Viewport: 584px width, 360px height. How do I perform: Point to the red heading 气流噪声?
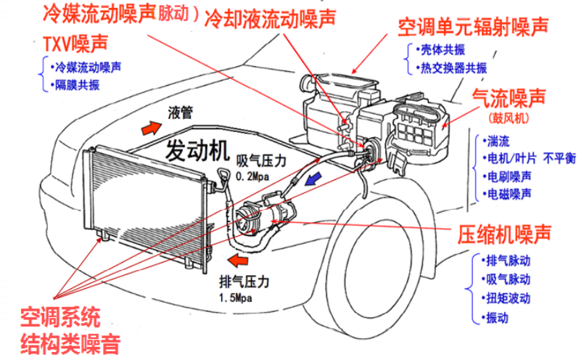pyautogui.click(x=508, y=96)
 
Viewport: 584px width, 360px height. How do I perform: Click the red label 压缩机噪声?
pyautogui.click(x=504, y=234)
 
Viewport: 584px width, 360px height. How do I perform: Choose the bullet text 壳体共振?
pyautogui.click(x=442, y=50)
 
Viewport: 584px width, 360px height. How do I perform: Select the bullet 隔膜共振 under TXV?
pyautogui.click(x=77, y=85)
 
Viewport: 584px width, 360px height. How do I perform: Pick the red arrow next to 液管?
pyautogui.click(x=152, y=128)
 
